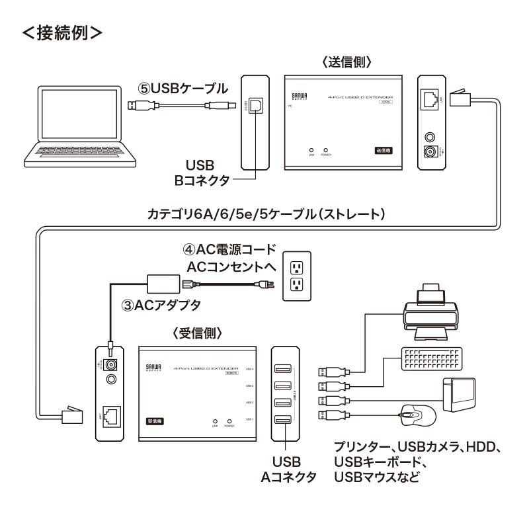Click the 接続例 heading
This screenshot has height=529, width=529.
[63, 32]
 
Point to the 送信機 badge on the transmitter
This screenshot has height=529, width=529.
[382, 151]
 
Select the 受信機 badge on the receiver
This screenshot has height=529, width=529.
[154, 421]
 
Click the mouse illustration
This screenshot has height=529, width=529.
[417, 416]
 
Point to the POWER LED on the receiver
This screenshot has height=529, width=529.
[229, 421]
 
